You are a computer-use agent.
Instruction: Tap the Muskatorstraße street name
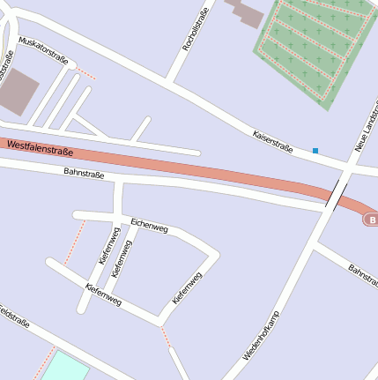[x=43, y=51]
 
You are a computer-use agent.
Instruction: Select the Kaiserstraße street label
[x=272, y=141]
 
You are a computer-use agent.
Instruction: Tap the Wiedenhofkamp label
[x=262, y=337]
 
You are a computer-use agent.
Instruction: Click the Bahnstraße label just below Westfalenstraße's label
[x=84, y=174]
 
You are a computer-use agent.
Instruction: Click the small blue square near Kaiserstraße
[x=315, y=151]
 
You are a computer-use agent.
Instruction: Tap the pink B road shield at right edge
[x=372, y=219]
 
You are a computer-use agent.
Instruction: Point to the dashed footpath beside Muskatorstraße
[x=85, y=73]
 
